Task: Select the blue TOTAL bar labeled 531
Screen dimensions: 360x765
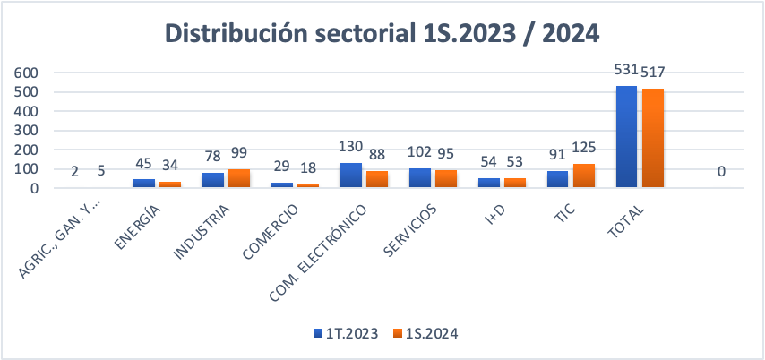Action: [626, 137]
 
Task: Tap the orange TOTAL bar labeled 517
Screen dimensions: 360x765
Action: [652, 138]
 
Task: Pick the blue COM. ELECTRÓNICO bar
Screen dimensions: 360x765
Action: [350, 176]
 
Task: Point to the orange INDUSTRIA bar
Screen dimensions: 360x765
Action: [238, 178]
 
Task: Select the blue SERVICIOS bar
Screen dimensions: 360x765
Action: [419, 178]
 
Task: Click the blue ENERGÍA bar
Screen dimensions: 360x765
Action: [143, 184]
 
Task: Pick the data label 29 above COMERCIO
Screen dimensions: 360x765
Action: [281, 167]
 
